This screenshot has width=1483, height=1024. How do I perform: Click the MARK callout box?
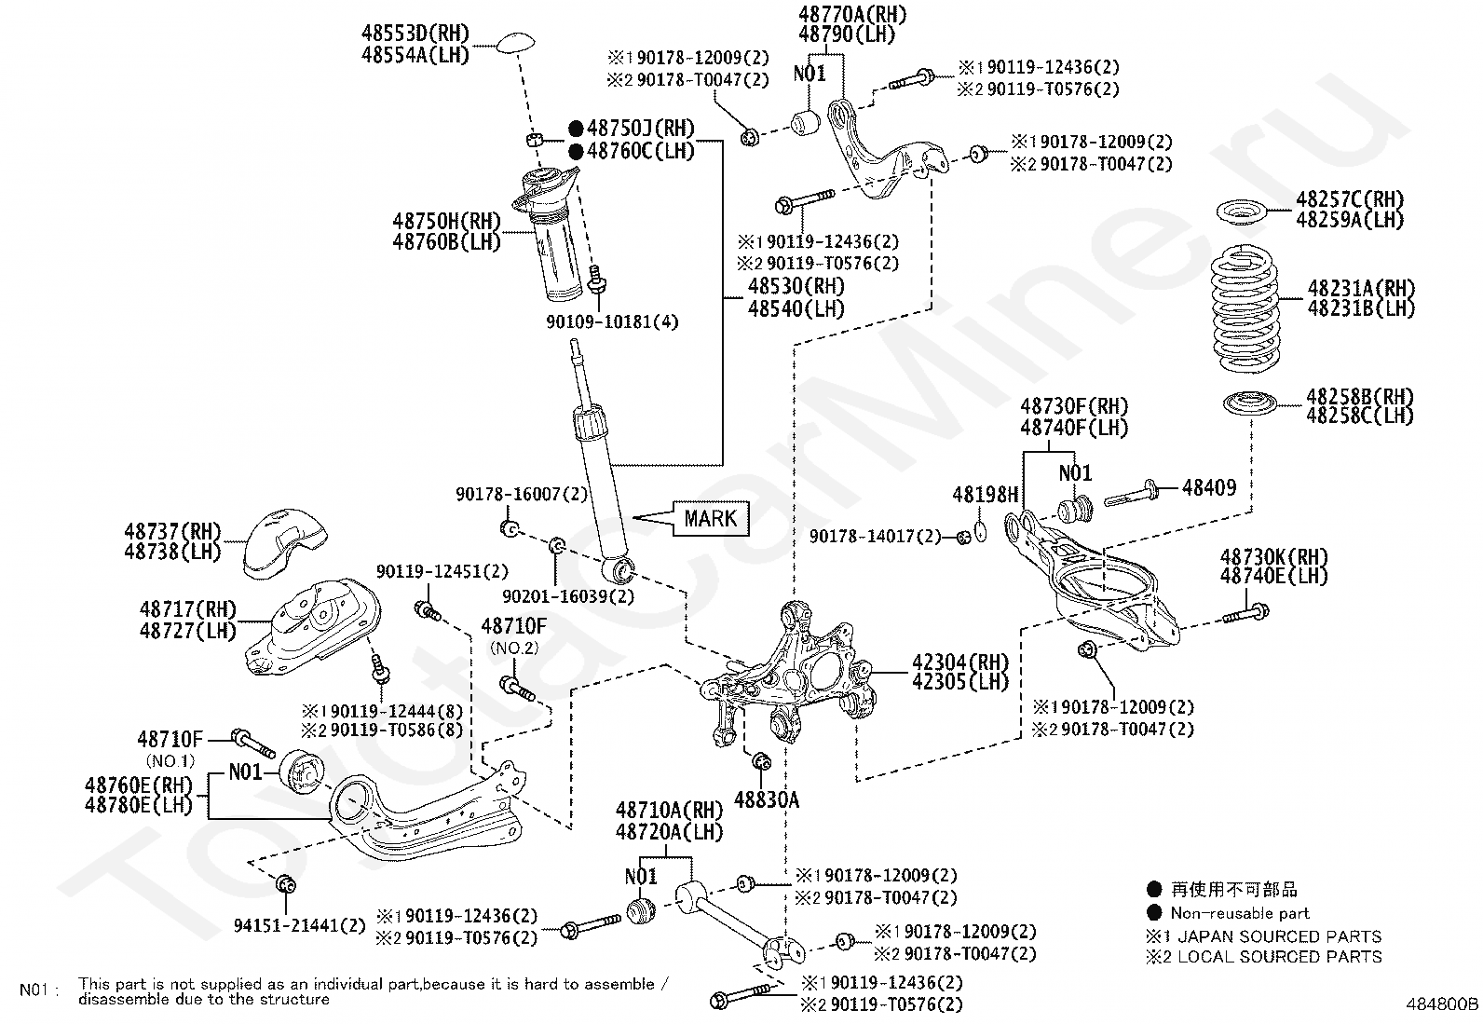click(710, 518)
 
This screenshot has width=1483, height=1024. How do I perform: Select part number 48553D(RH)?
click(415, 34)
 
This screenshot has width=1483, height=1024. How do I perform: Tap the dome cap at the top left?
click(515, 42)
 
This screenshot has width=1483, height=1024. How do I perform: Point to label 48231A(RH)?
click(1361, 287)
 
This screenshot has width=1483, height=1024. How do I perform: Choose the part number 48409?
click(1209, 486)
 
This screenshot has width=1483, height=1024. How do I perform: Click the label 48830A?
click(767, 799)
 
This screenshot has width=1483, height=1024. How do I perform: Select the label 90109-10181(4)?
click(612, 322)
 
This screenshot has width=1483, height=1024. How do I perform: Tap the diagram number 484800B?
click(1442, 1004)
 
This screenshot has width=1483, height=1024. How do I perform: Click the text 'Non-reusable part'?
click(1239, 913)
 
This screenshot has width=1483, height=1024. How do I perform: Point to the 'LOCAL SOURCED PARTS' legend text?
click(1280, 956)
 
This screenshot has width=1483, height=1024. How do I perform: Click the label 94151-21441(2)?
click(300, 925)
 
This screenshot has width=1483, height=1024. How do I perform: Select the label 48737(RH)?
click(172, 531)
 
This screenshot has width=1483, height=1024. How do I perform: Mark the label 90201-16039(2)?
click(567, 595)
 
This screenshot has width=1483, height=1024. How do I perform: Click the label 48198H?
click(986, 495)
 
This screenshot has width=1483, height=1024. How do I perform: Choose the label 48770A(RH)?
click(852, 14)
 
